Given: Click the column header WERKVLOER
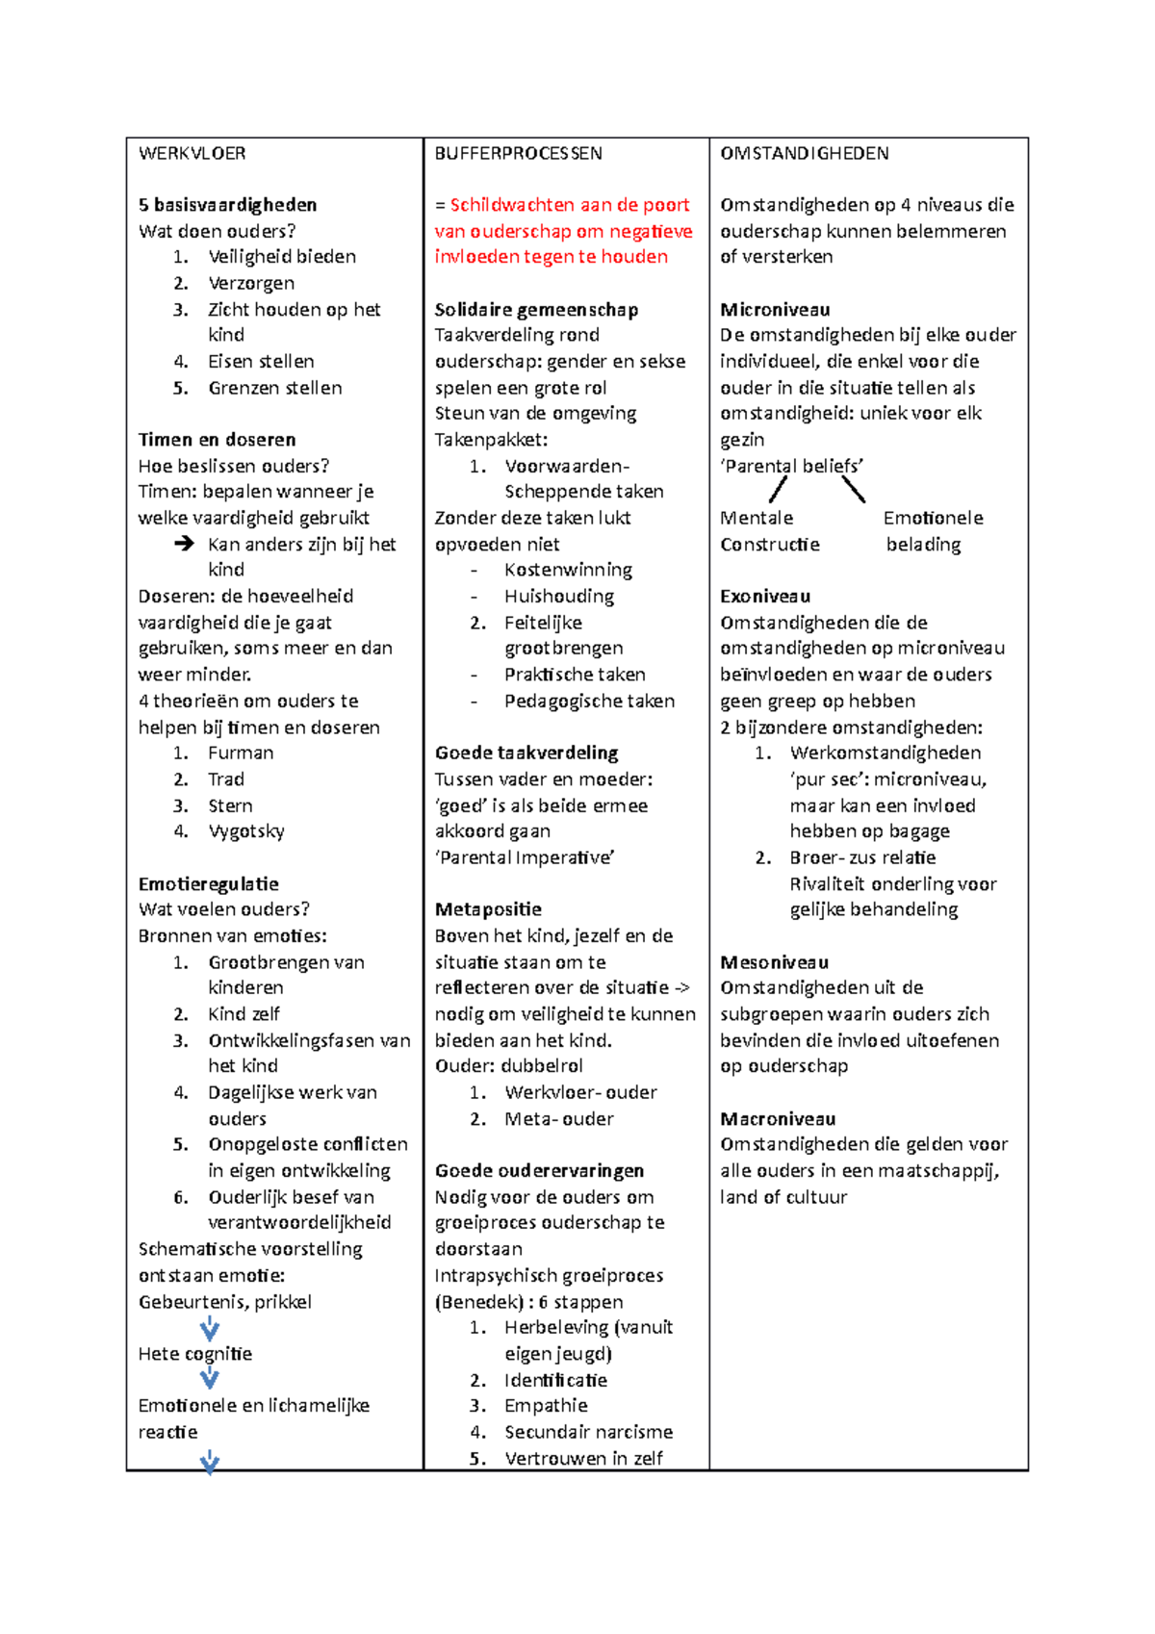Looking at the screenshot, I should [x=192, y=153].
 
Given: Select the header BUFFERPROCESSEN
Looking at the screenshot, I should [x=518, y=153].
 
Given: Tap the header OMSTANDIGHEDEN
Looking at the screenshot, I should [x=804, y=153].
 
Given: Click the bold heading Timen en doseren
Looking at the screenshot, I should [x=217, y=440].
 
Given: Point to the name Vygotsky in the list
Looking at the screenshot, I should [x=245, y=831].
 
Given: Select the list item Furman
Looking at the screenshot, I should [x=240, y=753].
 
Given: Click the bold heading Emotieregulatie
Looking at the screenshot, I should [x=208, y=883].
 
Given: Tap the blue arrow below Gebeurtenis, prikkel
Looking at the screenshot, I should [x=209, y=1329].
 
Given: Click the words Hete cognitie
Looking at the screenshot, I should [x=194, y=1354].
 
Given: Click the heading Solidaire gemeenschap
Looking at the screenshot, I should [x=536, y=310].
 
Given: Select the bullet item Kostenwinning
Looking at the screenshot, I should [x=568, y=570].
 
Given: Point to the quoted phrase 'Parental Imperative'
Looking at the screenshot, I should [x=525, y=857].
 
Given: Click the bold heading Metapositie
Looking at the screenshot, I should [x=488, y=909].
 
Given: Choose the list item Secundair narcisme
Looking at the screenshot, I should [x=588, y=1432].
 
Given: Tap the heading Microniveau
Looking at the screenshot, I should [x=775, y=310].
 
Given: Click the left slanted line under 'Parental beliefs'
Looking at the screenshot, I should [x=778, y=491].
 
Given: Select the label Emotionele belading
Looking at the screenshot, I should [x=932, y=531].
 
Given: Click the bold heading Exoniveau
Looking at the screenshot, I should [x=765, y=597].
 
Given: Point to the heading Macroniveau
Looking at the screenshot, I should [x=778, y=1119].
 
